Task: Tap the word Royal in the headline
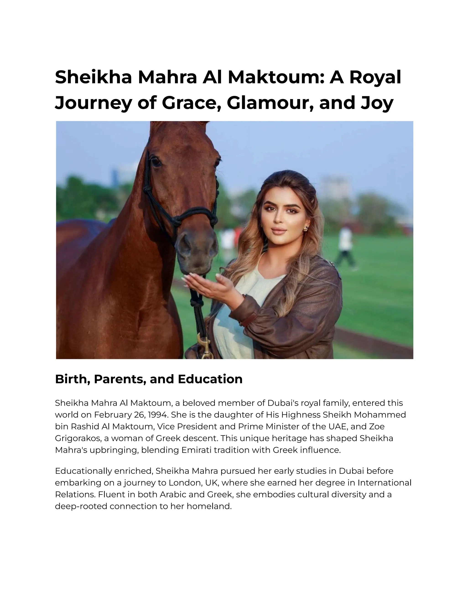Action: pyautogui.click(x=375, y=77)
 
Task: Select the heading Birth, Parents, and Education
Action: pyautogui.click(x=149, y=379)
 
